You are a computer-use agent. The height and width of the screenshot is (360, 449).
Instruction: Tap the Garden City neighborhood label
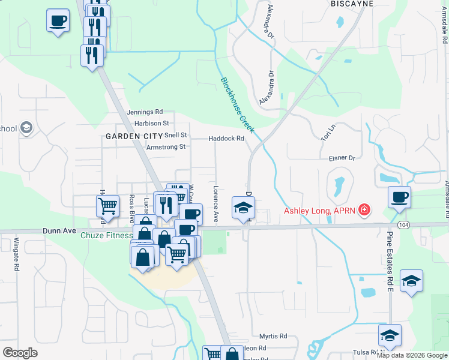point(134,136)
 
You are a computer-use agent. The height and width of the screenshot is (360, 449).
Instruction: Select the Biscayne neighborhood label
point(352,4)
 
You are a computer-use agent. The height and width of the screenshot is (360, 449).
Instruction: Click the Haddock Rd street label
point(226,139)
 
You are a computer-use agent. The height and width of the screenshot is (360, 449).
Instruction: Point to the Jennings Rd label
point(145,112)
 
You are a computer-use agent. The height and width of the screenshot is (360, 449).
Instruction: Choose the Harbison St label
point(152,124)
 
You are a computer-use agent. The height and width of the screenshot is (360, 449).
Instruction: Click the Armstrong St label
point(166,146)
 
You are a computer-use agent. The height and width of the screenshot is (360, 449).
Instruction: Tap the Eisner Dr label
point(342,158)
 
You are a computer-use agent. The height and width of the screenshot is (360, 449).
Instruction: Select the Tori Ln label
point(328,133)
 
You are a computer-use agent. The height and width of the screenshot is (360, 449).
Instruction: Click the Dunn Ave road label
point(60,230)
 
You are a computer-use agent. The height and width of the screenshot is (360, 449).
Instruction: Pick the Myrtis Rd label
point(273,337)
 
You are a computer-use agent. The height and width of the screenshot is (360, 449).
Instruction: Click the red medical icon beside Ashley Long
point(364,210)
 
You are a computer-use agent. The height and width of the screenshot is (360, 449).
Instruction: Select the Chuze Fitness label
point(106,235)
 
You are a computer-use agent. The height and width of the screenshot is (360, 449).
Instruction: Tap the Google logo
point(20,353)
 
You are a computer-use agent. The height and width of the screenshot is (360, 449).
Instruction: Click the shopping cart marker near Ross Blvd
point(107,205)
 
